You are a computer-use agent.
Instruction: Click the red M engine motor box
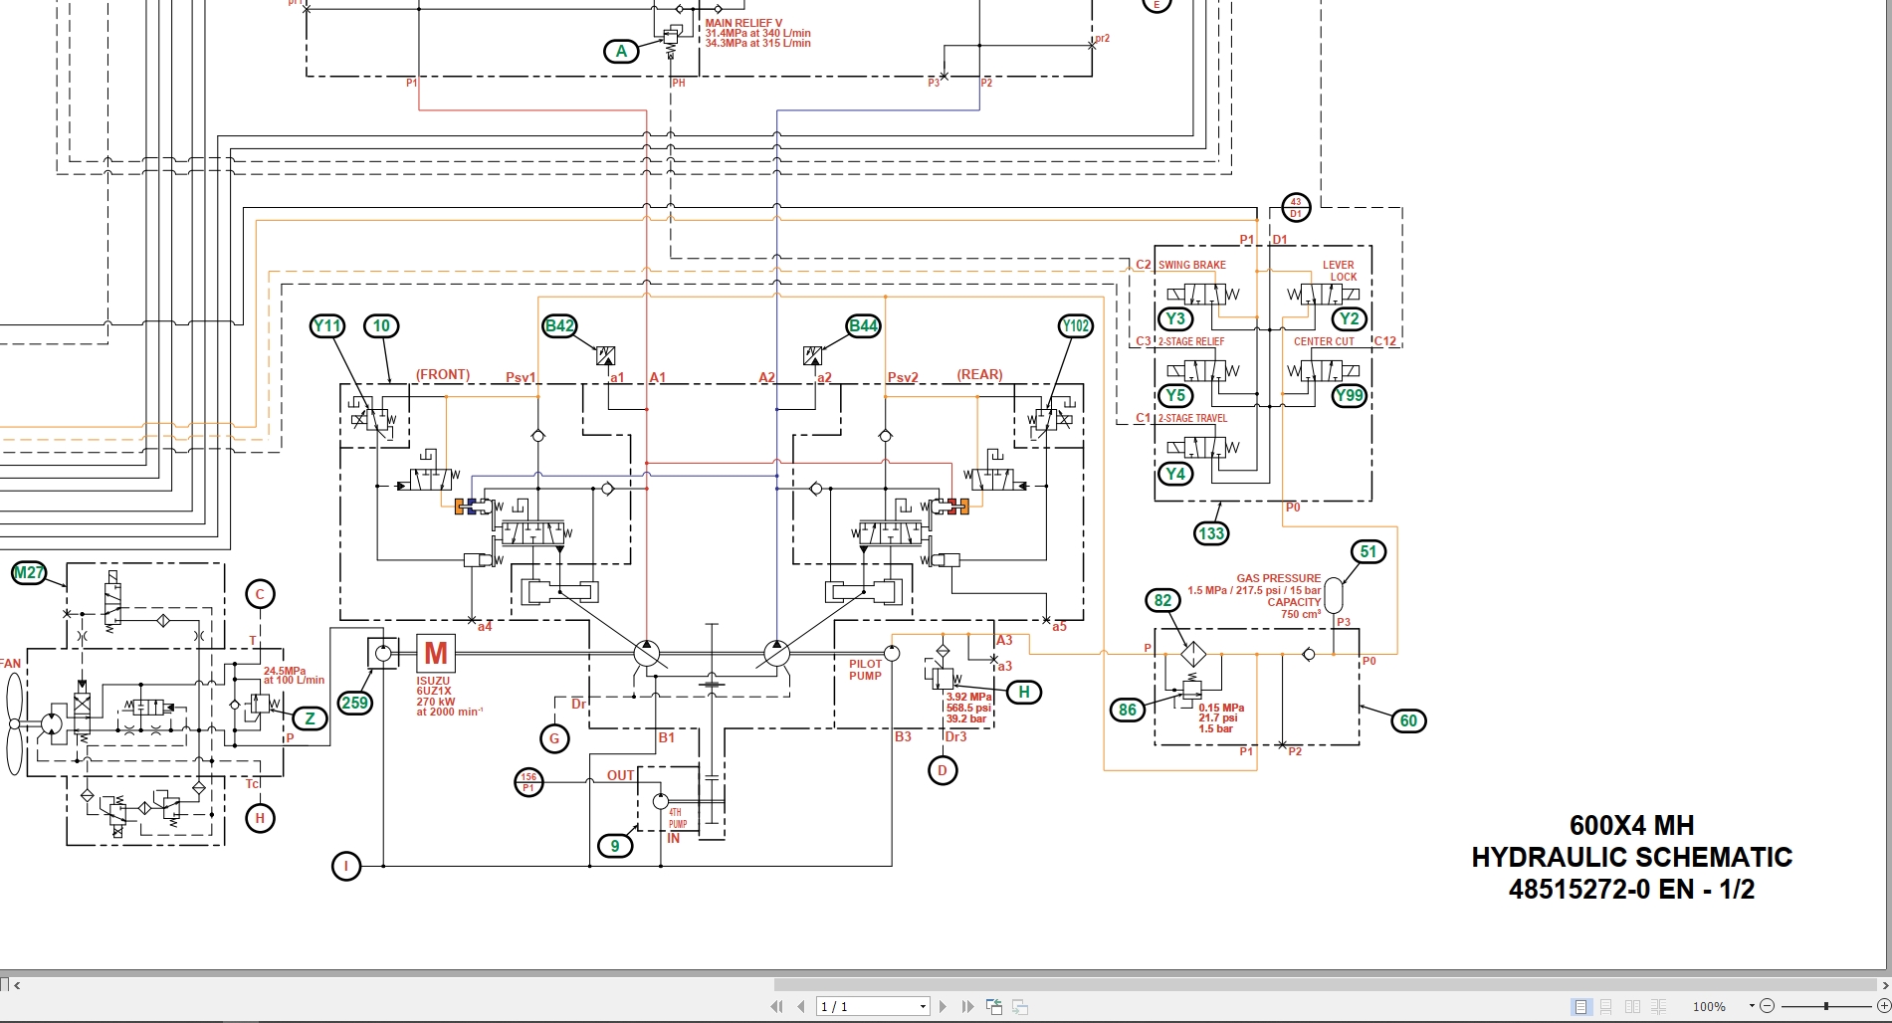436,653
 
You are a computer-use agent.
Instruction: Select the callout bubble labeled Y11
327,325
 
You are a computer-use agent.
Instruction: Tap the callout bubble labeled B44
863,325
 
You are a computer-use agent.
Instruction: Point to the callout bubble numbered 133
1211,533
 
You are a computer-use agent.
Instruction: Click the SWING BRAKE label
1191,265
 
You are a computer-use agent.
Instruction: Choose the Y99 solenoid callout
1349,395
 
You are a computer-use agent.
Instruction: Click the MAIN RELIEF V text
743,23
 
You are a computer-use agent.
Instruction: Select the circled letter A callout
622,51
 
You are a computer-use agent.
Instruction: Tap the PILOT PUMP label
865,670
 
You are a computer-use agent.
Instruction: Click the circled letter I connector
346,866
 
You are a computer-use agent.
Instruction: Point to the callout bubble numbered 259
355,703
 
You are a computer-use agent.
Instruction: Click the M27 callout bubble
29,572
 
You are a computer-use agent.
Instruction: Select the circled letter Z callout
311,718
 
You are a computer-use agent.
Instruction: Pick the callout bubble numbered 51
1368,551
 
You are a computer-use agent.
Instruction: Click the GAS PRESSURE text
1278,578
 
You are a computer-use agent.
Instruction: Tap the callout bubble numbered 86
1127,710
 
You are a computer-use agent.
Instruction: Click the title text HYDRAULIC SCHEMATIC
1631,857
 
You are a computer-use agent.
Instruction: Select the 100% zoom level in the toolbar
1709,1006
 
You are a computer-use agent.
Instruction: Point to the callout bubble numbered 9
615,846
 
